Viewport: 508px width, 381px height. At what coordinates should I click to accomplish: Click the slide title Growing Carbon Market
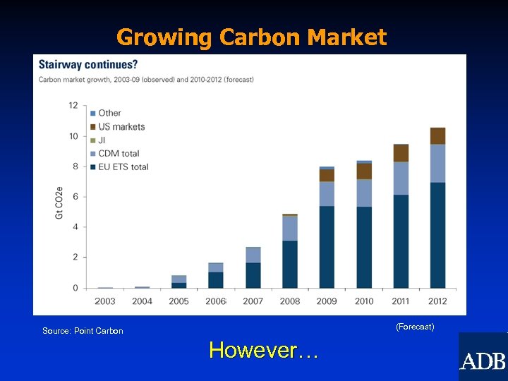(x=252, y=37)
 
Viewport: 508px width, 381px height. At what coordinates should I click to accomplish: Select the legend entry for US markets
(x=121, y=126)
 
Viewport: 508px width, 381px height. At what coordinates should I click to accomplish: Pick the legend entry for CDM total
(x=118, y=153)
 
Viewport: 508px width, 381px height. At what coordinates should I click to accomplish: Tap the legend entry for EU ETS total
(x=123, y=167)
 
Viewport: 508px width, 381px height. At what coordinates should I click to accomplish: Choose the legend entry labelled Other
(x=109, y=113)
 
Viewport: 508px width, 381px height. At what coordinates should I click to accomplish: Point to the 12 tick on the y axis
(x=73, y=105)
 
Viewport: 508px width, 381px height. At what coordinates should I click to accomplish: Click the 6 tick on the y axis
(x=75, y=197)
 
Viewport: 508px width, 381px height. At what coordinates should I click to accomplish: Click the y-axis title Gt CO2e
(x=59, y=202)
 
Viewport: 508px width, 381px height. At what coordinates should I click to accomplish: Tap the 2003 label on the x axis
(x=105, y=301)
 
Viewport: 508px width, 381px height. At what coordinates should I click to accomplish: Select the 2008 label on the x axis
(x=290, y=301)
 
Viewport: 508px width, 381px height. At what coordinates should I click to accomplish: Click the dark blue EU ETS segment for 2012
(x=437, y=235)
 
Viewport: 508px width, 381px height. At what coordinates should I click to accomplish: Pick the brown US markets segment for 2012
(x=437, y=135)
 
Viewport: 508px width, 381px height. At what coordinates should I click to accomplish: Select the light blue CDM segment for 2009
(x=327, y=194)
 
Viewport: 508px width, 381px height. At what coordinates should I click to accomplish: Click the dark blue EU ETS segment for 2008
(x=290, y=264)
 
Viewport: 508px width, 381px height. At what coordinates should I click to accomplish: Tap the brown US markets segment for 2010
(x=364, y=171)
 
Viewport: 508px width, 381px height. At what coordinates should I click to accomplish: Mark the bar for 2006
(x=216, y=276)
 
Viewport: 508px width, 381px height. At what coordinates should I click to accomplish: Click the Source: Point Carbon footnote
(x=83, y=331)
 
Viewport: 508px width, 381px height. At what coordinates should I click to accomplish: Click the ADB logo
(x=483, y=361)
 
